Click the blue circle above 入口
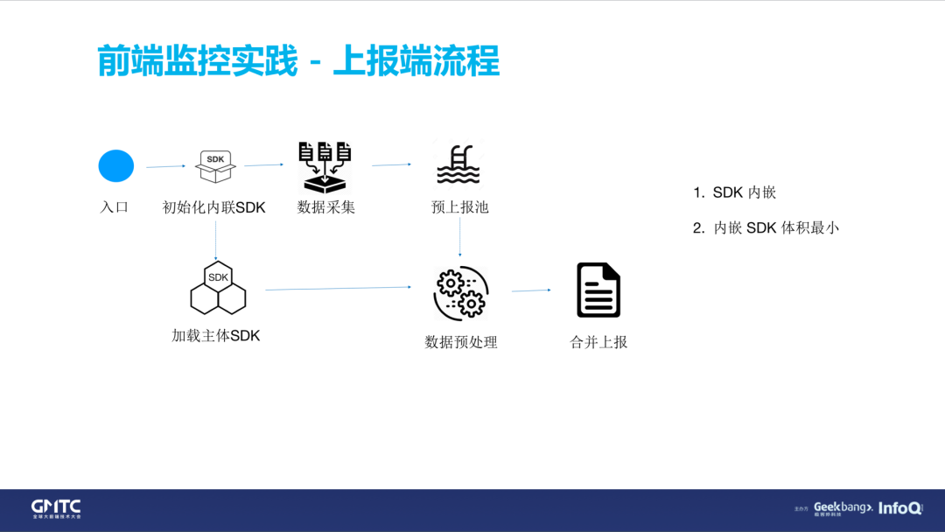point(116,166)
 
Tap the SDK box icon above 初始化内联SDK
point(215,166)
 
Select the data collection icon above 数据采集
point(325,166)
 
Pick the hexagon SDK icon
point(218,287)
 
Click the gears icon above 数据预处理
point(461,292)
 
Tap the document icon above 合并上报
point(598,290)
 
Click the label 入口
point(114,207)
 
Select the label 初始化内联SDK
point(214,207)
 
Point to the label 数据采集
point(325,207)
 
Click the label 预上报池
point(459,207)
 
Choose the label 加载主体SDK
point(216,335)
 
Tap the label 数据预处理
point(461,342)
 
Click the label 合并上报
point(598,342)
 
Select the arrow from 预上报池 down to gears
point(460,238)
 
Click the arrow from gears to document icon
point(531,290)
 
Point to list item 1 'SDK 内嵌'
point(735,192)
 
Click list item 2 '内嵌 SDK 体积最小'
point(766,227)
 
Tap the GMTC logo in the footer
point(56,508)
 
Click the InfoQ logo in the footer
point(899,507)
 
